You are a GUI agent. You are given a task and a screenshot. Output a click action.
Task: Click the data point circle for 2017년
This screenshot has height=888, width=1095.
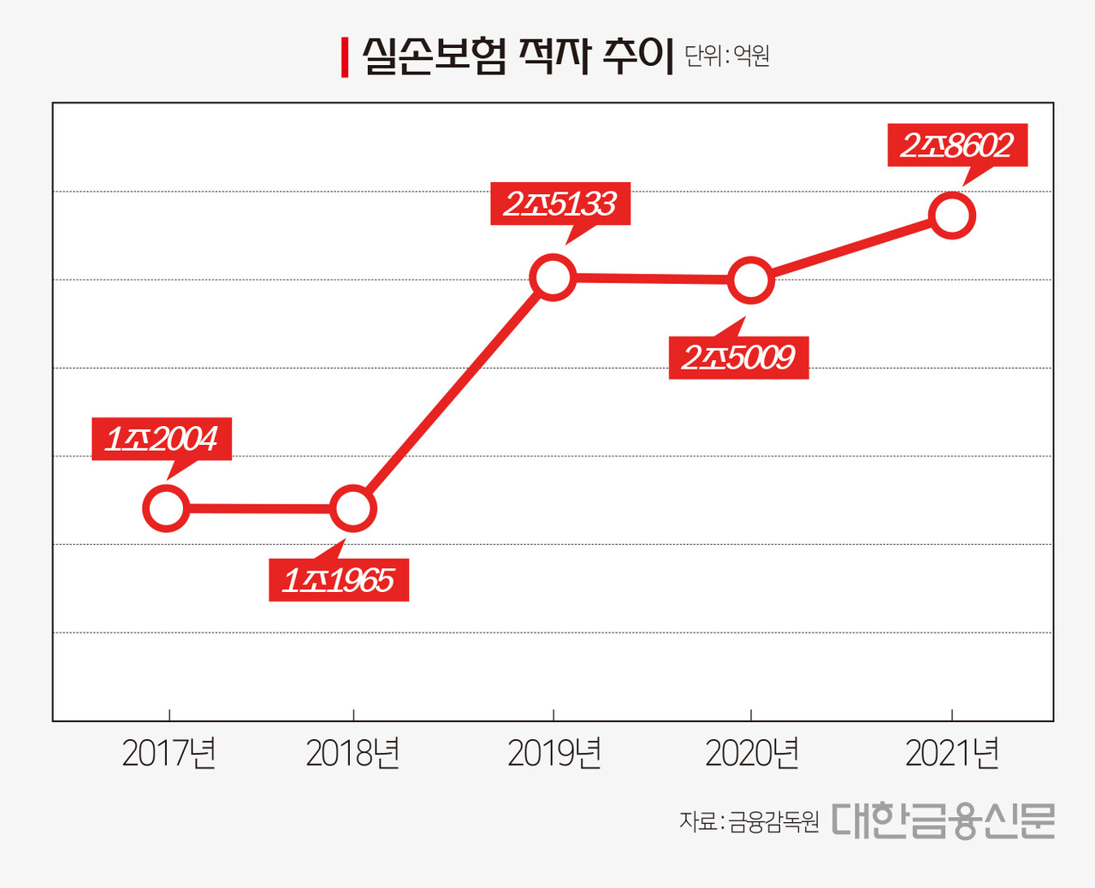166,508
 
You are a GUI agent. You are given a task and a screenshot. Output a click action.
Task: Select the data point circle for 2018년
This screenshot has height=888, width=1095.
352,509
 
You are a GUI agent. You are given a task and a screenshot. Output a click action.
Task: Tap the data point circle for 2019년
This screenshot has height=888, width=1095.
553,277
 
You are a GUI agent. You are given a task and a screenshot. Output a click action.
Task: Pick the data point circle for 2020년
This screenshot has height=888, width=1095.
750,280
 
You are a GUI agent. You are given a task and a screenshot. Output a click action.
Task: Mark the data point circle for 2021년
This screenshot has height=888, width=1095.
952,215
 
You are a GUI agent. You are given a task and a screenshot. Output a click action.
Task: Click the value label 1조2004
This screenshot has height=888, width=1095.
162,439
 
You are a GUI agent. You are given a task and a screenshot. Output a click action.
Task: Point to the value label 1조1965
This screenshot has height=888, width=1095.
339,580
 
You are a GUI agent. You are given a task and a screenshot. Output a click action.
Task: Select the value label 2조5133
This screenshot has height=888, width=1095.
560,204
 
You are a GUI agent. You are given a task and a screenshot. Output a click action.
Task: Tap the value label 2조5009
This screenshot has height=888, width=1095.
738,358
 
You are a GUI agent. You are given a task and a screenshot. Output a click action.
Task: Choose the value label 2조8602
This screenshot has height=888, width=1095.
957,145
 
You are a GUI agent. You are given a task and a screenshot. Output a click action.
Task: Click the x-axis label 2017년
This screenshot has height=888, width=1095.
169,754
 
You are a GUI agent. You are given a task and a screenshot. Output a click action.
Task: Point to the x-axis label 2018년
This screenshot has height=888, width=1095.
352,754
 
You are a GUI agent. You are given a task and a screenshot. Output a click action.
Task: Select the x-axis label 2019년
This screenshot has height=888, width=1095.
554,754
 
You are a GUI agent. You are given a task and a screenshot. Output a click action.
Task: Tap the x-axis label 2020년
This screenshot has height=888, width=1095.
752,754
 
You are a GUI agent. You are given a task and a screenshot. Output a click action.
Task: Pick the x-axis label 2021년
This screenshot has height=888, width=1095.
952,754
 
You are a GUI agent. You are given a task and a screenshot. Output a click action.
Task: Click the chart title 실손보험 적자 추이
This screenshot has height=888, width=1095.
518,56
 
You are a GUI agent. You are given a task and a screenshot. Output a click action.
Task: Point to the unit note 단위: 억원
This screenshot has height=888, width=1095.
727,56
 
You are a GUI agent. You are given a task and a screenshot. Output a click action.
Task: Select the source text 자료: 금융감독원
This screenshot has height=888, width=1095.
749,822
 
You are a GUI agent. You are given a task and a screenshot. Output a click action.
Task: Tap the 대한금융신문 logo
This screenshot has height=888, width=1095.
943,820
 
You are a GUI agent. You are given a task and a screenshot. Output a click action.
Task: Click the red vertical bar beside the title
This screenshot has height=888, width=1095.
345,57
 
